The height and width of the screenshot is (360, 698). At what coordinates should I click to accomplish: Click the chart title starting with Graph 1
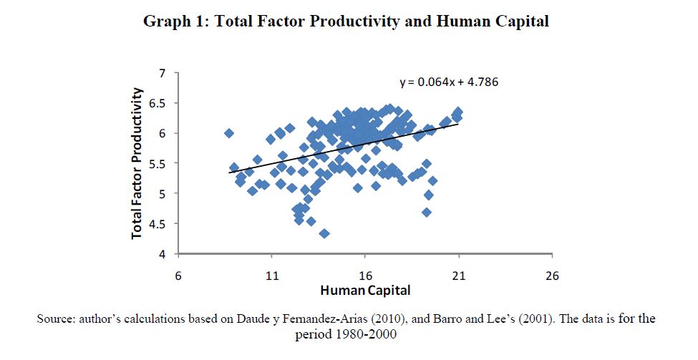click(x=346, y=22)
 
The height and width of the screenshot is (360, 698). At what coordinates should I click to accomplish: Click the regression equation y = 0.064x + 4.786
click(x=448, y=82)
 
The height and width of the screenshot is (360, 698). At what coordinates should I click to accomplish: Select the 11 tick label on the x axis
click(x=271, y=276)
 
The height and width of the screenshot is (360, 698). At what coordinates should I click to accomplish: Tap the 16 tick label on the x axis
click(x=365, y=276)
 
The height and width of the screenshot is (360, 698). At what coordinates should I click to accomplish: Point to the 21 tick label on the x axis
click(x=459, y=276)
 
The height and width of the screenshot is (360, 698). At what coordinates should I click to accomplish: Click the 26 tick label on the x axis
click(x=552, y=276)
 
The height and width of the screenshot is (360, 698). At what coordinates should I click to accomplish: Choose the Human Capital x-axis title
click(x=365, y=291)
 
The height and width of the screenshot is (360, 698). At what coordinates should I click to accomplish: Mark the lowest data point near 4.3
click(x=324, y=233)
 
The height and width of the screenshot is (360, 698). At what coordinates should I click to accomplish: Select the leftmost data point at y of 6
click(x=229, y=133)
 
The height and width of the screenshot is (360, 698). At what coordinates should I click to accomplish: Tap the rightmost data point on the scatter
click(x=458, y=112)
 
